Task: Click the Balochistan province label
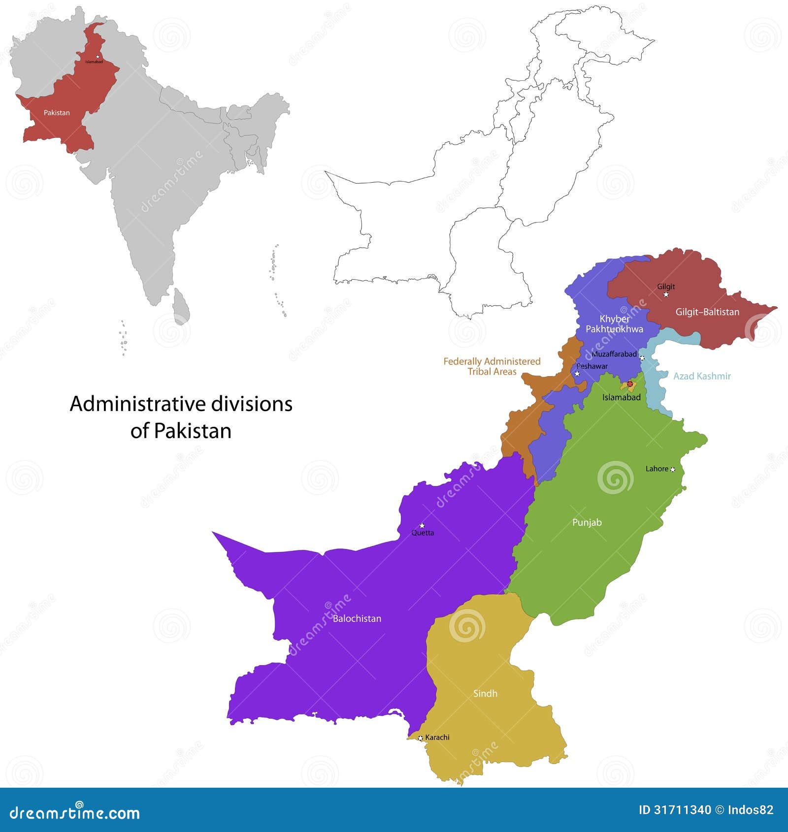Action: pos(357,618)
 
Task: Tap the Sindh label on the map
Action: pos(485,693)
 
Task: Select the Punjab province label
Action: pos(587,522)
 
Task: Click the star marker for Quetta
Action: pos(422,525)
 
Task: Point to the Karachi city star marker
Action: pos(420,737)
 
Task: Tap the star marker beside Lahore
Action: pos(673,469)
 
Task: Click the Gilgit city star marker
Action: pos(666,294)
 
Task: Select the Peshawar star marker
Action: pos(577,374)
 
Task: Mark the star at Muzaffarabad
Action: pos(642,358)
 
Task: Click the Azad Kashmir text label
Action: pos(702,376)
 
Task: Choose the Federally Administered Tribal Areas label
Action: pos(492,366)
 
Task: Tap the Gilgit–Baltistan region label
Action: pos(707,312)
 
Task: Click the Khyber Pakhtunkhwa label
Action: pos(614,324)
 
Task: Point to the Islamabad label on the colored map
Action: pos(622,397)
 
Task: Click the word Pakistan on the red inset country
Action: pos(57,113)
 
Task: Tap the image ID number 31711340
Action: pos(682,810)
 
